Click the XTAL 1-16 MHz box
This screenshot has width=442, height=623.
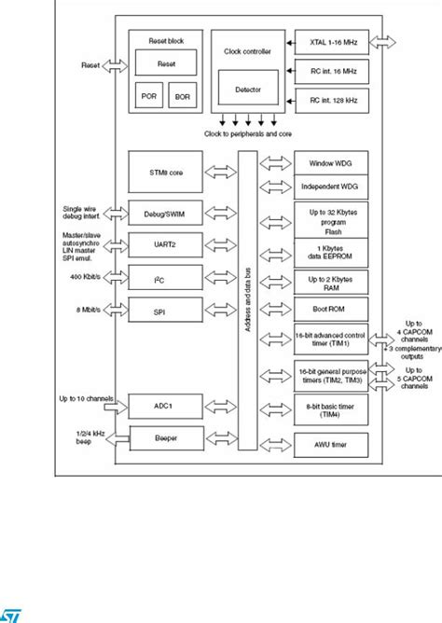(x=332, y=42)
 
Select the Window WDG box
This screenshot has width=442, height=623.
(x=332, y=162)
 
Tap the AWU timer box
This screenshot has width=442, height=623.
(x=332, y=442)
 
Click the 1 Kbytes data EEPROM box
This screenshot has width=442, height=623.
(x=332, y=248)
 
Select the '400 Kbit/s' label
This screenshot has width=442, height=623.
(x=87, y=279)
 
